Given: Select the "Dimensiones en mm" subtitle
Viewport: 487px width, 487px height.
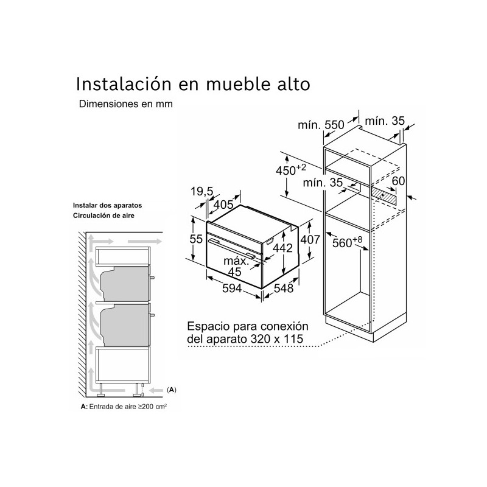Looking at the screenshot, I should coord(125,104).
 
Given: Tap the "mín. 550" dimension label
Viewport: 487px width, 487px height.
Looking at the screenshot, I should coord(321,125).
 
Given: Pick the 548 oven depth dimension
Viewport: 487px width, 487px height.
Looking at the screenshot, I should coord(284,289).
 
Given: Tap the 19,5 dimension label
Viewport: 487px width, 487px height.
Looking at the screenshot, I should coord(201,192).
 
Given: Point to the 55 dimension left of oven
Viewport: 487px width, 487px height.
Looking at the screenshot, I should coord(195,239).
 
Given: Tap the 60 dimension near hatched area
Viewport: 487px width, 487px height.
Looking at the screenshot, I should coord(398,181).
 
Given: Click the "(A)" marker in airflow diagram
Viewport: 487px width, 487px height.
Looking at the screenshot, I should coord(172,389).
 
